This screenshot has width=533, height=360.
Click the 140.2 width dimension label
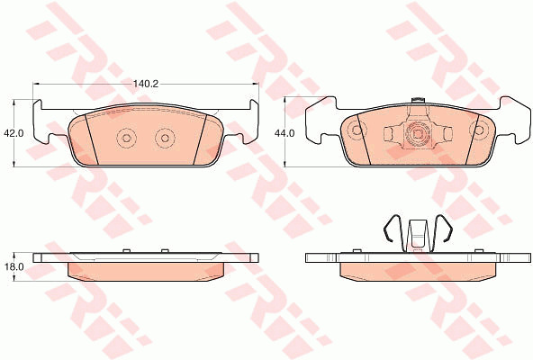pyautogui.click(x=146, y=84)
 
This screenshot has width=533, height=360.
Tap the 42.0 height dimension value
pyautogui.click(x=14, y=133)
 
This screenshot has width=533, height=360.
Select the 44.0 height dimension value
pyautogui.click(x=285, y=133)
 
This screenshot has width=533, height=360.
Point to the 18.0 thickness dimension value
pyautogui.click(x=14, y=267)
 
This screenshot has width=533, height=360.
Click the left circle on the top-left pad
pyautogui.click(x=126, y=138)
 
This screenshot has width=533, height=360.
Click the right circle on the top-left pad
pyautogui.click(x=165, y=138)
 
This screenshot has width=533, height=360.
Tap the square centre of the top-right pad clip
pyautogui.click(x=417, y=133)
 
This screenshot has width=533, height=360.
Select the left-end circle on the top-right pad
pyautogui.click(x=357, y=130)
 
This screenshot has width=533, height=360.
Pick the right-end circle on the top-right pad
pyautogui.click(x=479, y=130)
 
